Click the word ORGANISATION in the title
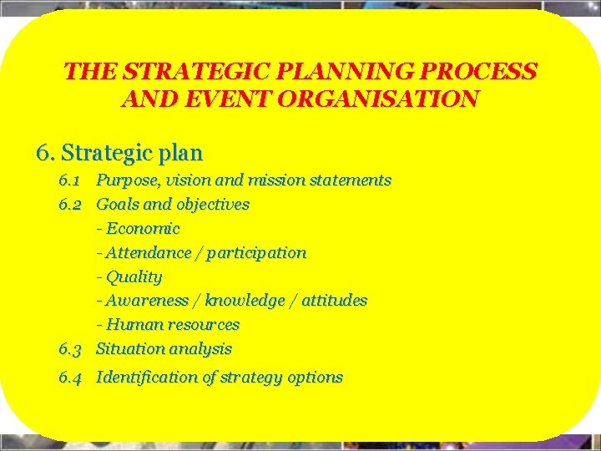coord(384,99)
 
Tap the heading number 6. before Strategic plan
coord(46,154)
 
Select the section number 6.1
coord(69,180)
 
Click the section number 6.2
coord(69,205)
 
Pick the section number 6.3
coord(69,349)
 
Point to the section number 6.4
coord(69,378)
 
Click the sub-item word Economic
coord(143,229)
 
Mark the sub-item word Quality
coord(134,276)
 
